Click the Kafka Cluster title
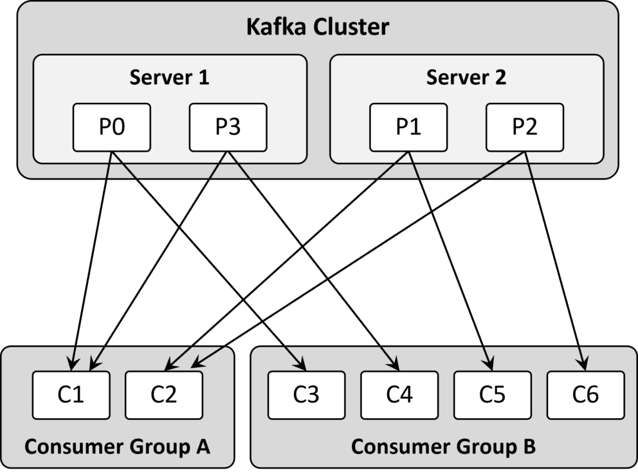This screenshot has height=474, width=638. click(x=318, y=28)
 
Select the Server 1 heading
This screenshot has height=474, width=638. click(x=169, y=78)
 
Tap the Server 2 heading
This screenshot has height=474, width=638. click(x=466, y=78)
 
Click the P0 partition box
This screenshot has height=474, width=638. click(x=111, y=127)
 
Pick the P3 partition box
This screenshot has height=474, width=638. click(x=228, y=127)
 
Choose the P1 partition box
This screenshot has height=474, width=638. click(x=408, y=127)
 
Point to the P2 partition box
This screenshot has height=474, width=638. click(x=524, y=127)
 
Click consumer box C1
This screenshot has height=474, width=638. click(x=71, y=394)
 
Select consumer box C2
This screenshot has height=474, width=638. click(x=164, y=394)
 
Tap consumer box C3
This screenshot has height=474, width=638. click(x=306, y=394)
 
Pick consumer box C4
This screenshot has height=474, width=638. click(x=399, y=394)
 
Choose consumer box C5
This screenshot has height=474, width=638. click(x=493, y=394)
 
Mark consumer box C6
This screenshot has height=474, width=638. click(x=586, y=394)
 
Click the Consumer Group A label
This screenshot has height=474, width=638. click(x=117, y=446)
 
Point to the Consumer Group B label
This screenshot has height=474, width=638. click(x=443, y=446)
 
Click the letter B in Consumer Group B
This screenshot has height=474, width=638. click(x=529, y=446)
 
